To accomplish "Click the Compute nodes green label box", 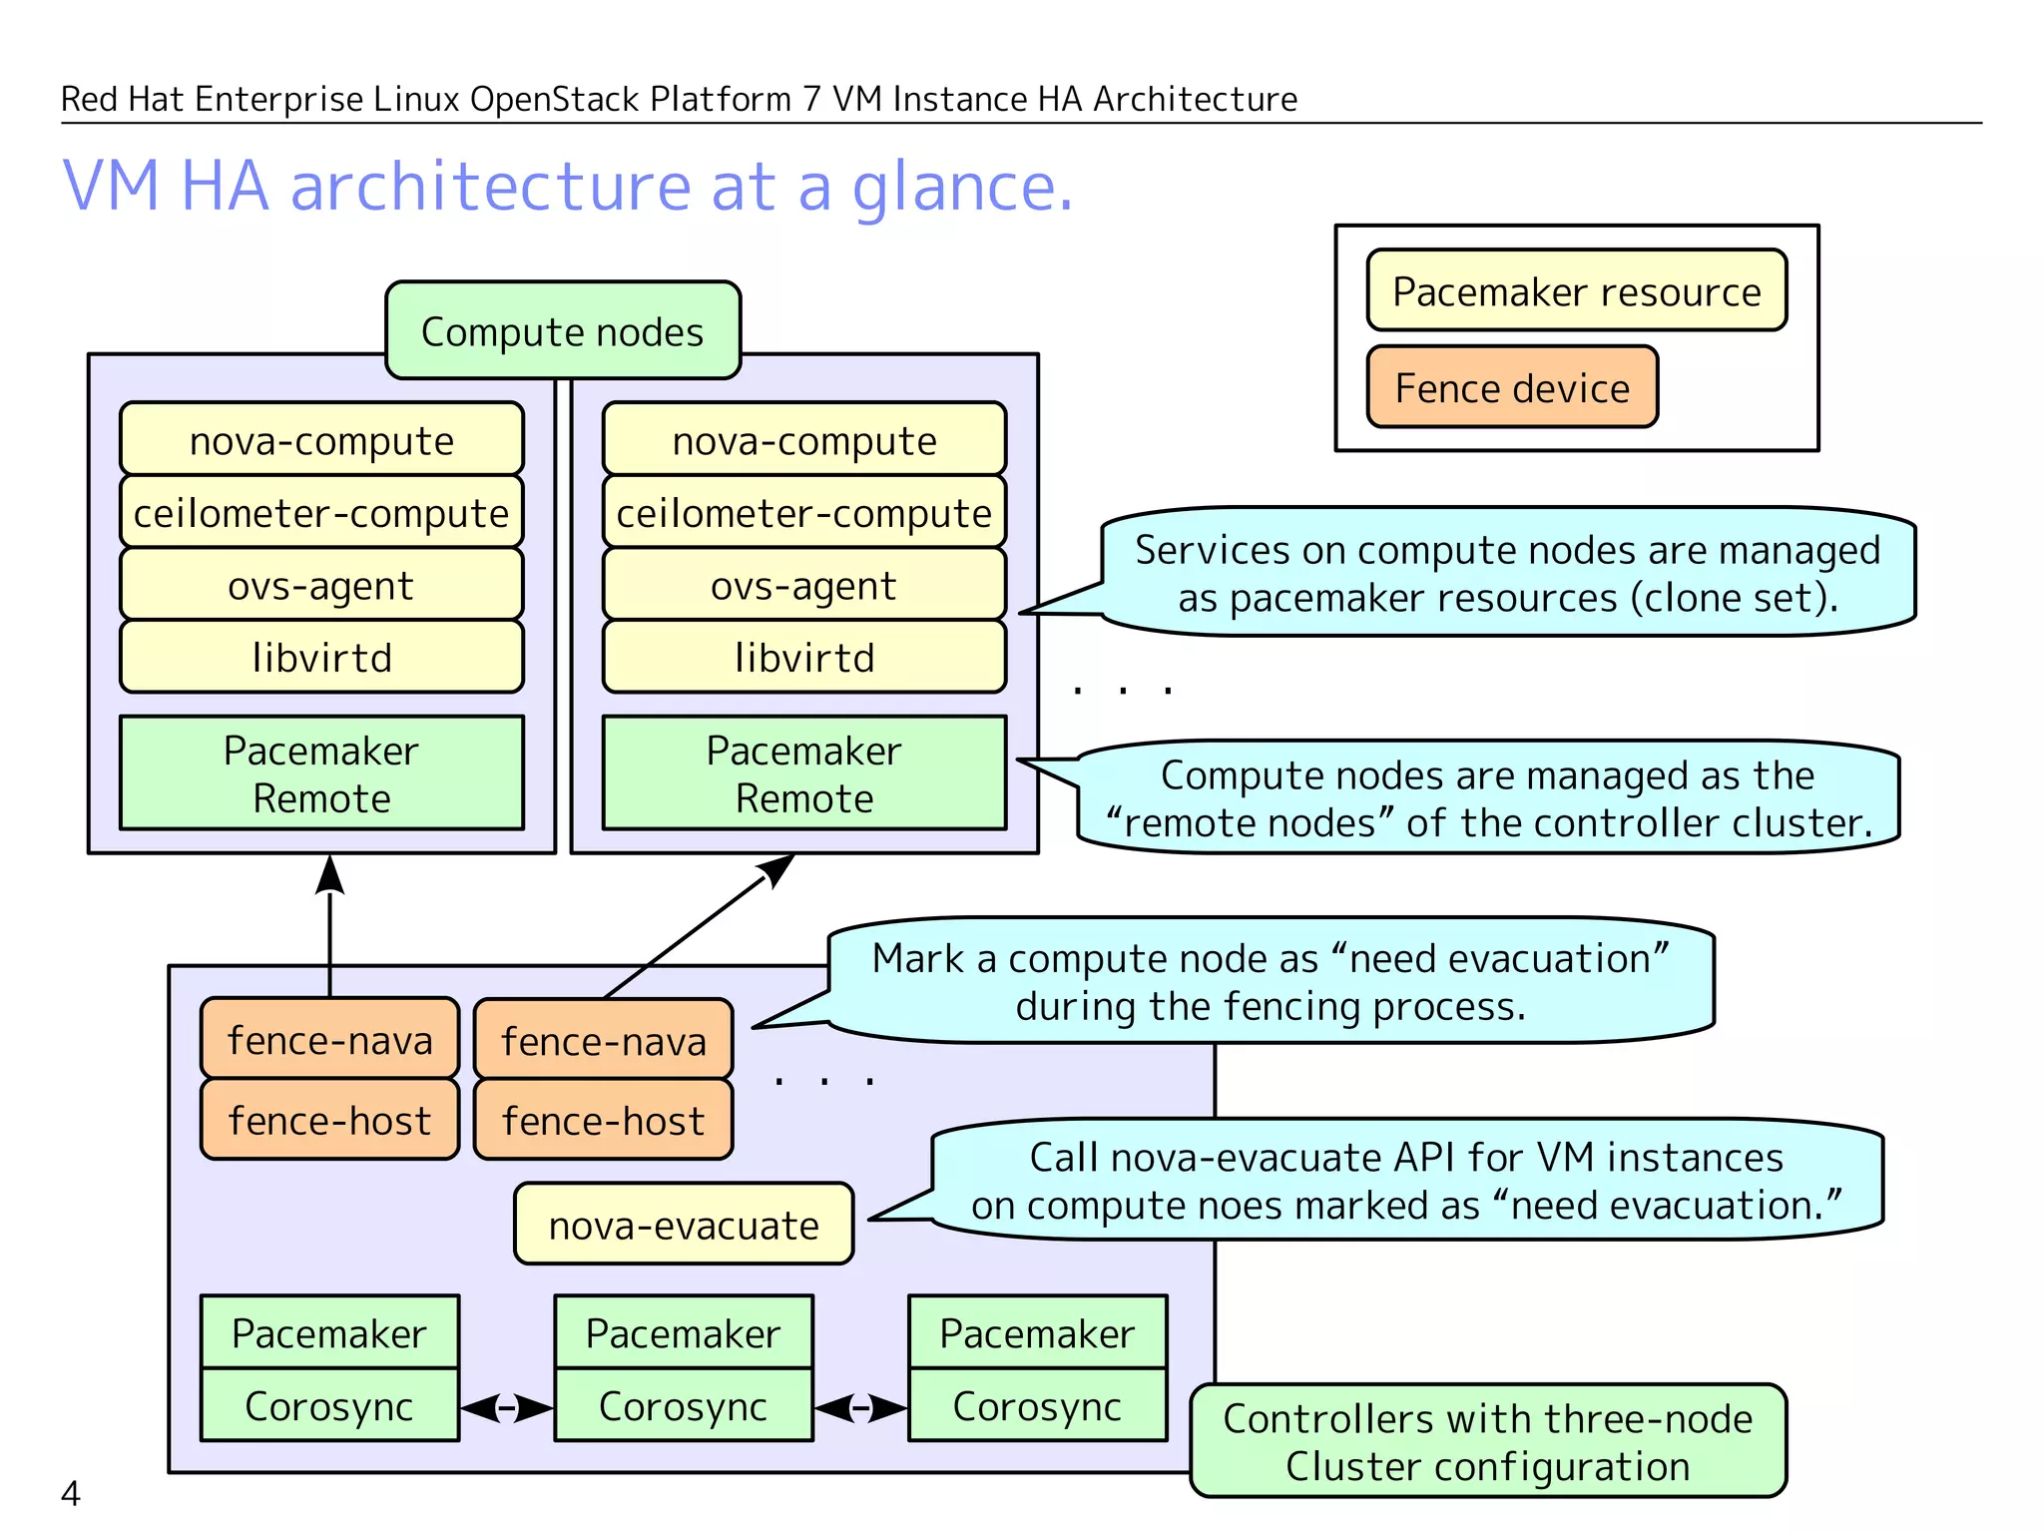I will pos(563,330).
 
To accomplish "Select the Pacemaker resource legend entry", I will pos(1576,290).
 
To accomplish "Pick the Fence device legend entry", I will pos(1511,387).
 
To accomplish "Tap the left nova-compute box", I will pos(321,439).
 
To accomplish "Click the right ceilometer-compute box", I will pos(803,512).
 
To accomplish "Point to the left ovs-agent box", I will pos(321,585).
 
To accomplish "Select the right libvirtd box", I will pos(803,657).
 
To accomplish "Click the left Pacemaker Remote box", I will pos(321,773).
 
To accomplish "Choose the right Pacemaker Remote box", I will pos(803,773).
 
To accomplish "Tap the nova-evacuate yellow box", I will pos(684,1225).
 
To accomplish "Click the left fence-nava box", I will pos(329,1039).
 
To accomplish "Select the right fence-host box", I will pos(603,1120).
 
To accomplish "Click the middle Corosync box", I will pos(684,1405).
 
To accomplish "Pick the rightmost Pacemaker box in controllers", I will pos(1037,1332).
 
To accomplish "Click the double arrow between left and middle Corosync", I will pos(506,1408).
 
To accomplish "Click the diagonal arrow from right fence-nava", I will pos(699,925).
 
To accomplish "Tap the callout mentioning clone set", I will pos(1506,573).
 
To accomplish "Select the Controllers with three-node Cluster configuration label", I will pos(1487,1441).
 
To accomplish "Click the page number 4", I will pos(70,1493).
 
